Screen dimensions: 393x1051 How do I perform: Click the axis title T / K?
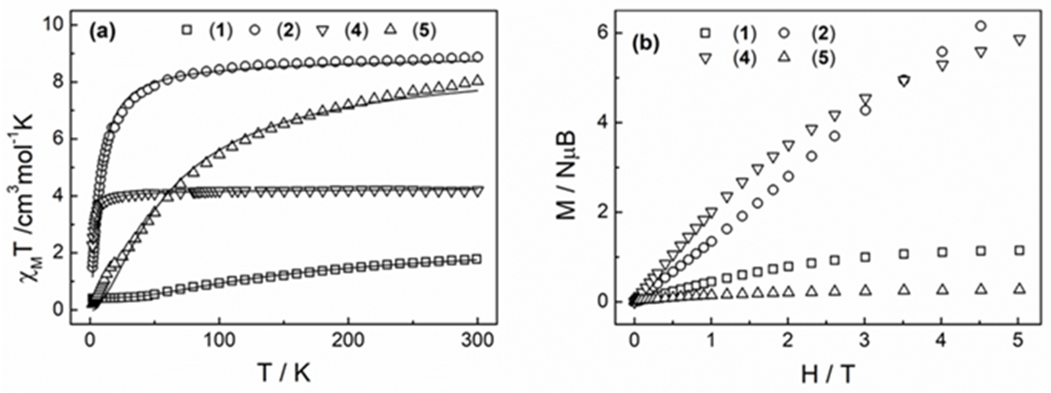pyautogui.click(x=284, y=372)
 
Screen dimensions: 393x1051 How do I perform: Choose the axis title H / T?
pyautogui.click(x=825, y=372)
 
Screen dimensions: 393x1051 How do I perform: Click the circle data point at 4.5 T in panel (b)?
pyautogui.click(x=981, y=26)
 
